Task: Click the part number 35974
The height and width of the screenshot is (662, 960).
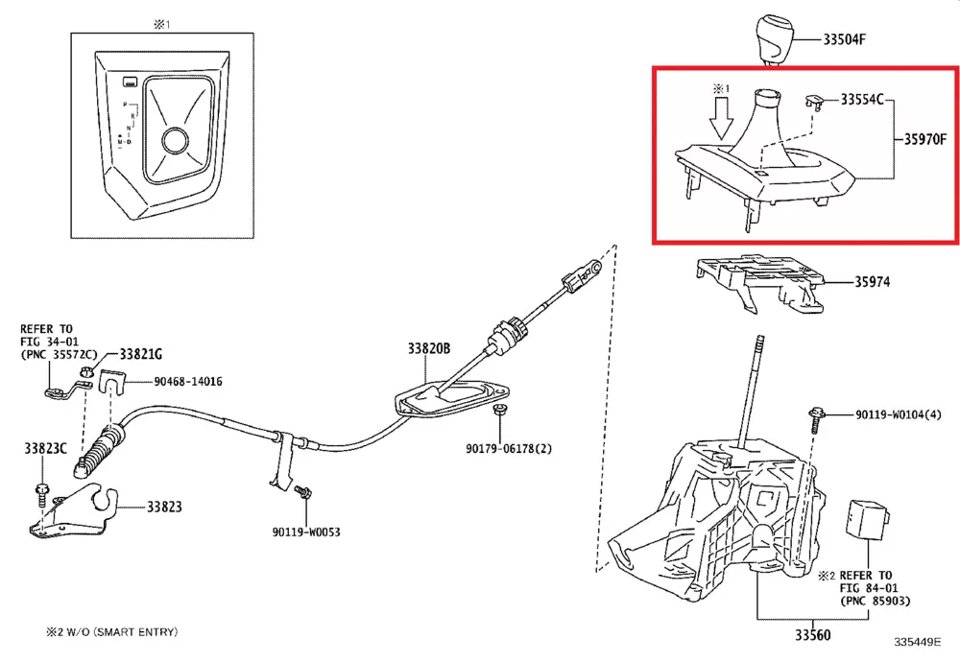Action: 873,283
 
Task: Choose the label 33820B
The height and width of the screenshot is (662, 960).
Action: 427,349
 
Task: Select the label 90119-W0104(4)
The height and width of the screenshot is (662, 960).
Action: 899,415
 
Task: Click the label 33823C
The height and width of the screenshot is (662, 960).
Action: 46,448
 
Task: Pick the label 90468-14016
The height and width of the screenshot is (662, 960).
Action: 188,382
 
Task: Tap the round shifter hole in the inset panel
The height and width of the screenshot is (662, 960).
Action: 175,140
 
